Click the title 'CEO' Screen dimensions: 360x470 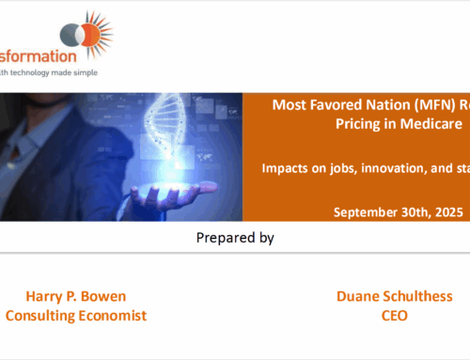tap(395, 315)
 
